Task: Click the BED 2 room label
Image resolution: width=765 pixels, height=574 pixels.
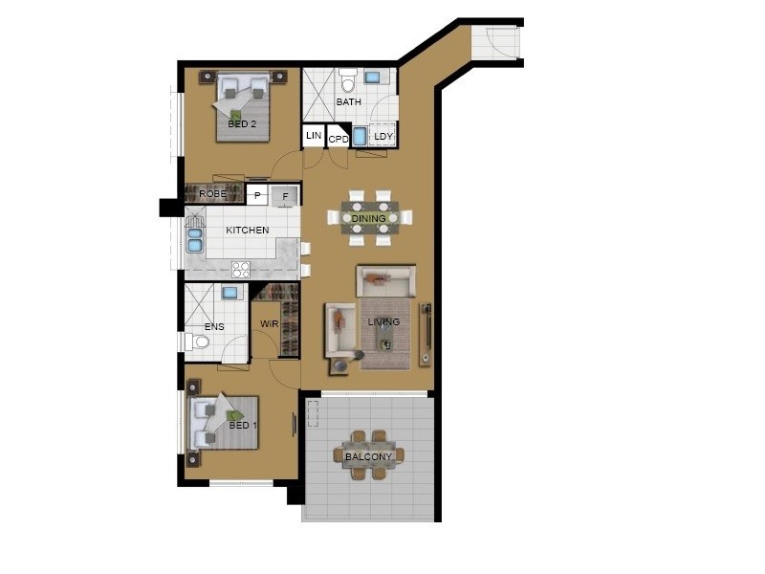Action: (242, 124)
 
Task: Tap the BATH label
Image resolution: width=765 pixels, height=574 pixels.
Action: (348, 101)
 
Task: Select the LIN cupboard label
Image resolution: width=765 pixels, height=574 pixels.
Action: (314, 137)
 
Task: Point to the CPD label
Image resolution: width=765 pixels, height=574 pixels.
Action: (339, 139)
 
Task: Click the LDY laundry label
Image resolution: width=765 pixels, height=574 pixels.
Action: (382, 137)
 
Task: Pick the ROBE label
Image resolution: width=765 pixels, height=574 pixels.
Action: (212, 194)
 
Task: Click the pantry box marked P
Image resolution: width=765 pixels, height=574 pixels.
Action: (256, 195)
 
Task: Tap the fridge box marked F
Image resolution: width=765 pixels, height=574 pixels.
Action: (284, 196)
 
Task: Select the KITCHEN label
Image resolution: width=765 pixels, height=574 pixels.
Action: (247, 231)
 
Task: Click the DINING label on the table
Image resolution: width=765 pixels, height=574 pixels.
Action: (368, 219)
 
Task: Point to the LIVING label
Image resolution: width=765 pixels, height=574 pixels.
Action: (383, 322)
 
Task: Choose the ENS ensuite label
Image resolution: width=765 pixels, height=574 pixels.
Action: (214, 327)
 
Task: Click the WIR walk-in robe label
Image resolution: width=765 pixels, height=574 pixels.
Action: (269, 325)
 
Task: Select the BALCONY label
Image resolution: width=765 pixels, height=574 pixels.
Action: (368, 457)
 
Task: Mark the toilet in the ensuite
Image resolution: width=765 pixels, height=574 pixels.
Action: (199, 341)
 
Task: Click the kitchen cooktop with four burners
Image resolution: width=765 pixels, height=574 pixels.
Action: (241, 269)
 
